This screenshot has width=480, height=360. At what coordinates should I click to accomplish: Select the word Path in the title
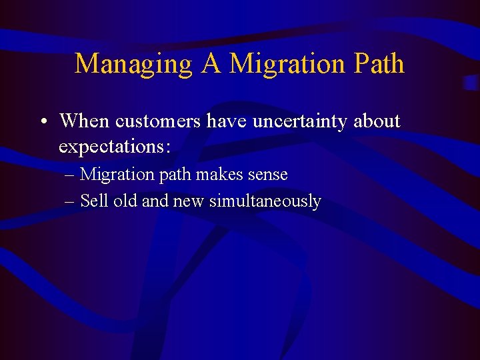click(x=379, y=64)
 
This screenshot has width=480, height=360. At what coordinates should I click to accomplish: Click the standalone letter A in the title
click(x=211, y=63)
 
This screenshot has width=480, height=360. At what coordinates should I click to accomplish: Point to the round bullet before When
click(x=42, y=122)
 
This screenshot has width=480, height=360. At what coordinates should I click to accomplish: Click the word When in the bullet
click(x=85, y=121)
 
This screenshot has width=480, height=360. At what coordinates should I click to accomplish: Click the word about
click(x=377, y=121)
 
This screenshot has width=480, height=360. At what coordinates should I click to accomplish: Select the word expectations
click(x=114, y=146)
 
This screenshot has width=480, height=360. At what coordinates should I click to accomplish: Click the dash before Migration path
click(x=71, y=175)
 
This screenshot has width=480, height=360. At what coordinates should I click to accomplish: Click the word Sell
click(x=95, y=201)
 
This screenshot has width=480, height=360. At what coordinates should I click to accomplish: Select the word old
click(x=125, y=201)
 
